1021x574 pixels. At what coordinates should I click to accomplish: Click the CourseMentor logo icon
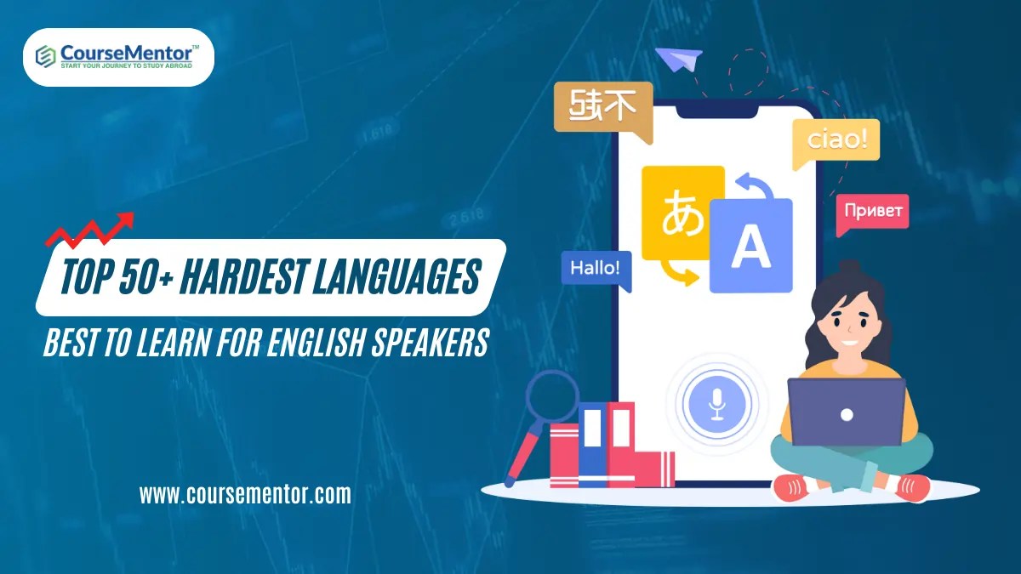coord(45,56)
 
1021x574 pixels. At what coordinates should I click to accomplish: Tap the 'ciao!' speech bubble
coord(836,140)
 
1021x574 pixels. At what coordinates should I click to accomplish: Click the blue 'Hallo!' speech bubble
coord(596,268)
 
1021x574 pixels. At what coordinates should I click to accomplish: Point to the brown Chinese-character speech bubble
coord(602,107)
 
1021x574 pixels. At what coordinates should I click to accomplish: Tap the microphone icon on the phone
coord(716,404)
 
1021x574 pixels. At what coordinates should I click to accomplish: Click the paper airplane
coord(678,60)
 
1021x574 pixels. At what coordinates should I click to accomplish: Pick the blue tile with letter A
coord(750,246)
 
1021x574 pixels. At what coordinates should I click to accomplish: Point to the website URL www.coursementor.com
coord(245,494)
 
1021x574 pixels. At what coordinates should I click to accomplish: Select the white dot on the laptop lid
coord(847,414)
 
